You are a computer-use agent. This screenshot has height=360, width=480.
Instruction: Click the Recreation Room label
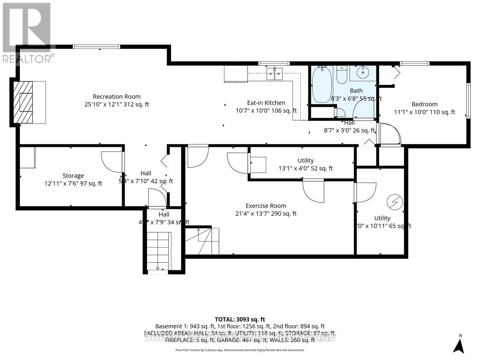point(116,96)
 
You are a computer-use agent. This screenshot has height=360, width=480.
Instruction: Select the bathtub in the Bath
point(322,85)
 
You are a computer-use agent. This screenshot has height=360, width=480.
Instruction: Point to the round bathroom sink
point(362,73)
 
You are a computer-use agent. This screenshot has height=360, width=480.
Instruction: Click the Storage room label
point(73,176)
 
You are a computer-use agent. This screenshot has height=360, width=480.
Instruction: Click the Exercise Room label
point(266,206)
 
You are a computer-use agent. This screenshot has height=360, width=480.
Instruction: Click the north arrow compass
point(458,345)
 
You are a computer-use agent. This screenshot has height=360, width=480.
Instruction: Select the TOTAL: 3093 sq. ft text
point(240,319)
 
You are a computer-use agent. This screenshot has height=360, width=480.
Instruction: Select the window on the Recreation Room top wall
point(97,46)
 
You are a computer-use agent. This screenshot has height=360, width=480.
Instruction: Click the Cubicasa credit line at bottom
point(240,350)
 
